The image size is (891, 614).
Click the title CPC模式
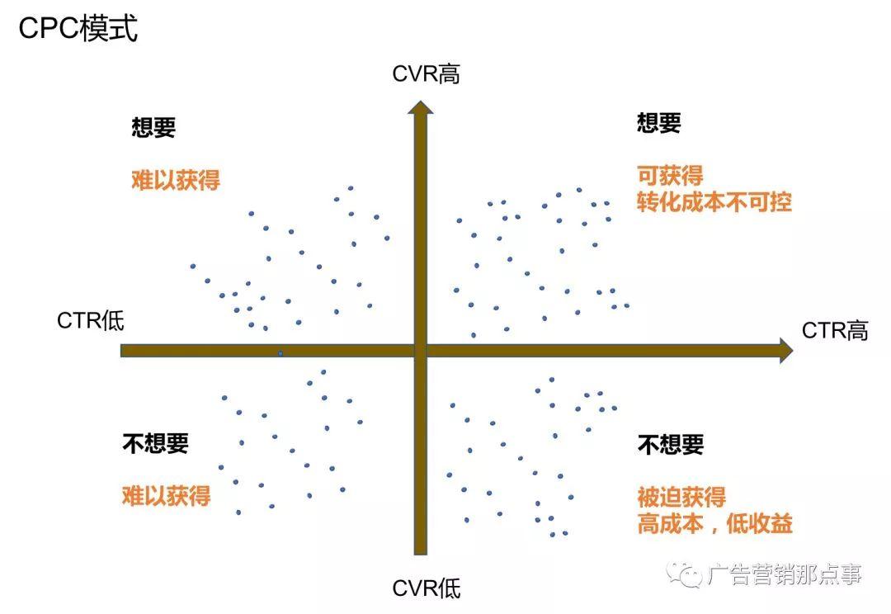pyautogui.click(x=78, y=30)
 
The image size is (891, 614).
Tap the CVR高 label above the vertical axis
pyautogui.click(x=426, y=74)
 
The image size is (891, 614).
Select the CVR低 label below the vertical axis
pyautogui.click(x=426, y=588)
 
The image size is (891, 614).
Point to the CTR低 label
pyautogui.click(x=91, y=320)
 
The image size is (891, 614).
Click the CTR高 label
pyautogui.click(x=835, y=331)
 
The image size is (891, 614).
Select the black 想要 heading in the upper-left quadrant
pyautogui.click(x=153, y=127)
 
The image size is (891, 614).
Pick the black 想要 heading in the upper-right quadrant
pyautogui.click(x=659, y=123)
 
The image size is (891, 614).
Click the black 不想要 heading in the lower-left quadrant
pyautogui.click(x=155, y=443)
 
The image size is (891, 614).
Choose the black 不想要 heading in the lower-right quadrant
pyautogui.click(x=671, y=445)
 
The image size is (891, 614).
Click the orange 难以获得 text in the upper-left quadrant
pyautogui.click(x=176, y=180)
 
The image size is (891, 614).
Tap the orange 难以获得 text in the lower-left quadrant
pyautogui.click(x=166, y=495)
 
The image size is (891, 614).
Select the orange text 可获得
pyautogui.click(x=670, y=175)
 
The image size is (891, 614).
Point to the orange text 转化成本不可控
pyautogui.click(x=714, y=202)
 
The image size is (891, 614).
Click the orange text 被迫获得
pyautogui.click(x=681, y=497)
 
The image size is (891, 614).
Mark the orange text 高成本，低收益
pyautogui.click(x=714, y=523)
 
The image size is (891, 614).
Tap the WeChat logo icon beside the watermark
pyautogui.click(x=686, y=574)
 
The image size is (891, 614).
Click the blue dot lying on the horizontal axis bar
pyautogui.click(x=280, y=353)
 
